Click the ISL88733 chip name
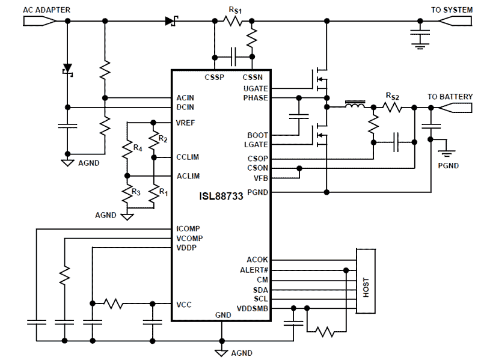221,196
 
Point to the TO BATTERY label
450,97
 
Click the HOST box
366,281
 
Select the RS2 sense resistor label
392,96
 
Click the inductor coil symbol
355,107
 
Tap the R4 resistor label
137,147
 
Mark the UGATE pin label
257,88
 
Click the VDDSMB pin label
253,309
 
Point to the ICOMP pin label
188,229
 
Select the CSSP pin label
213,77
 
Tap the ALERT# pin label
254,270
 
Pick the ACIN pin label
185,98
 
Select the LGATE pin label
257,145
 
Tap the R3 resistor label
137,193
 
